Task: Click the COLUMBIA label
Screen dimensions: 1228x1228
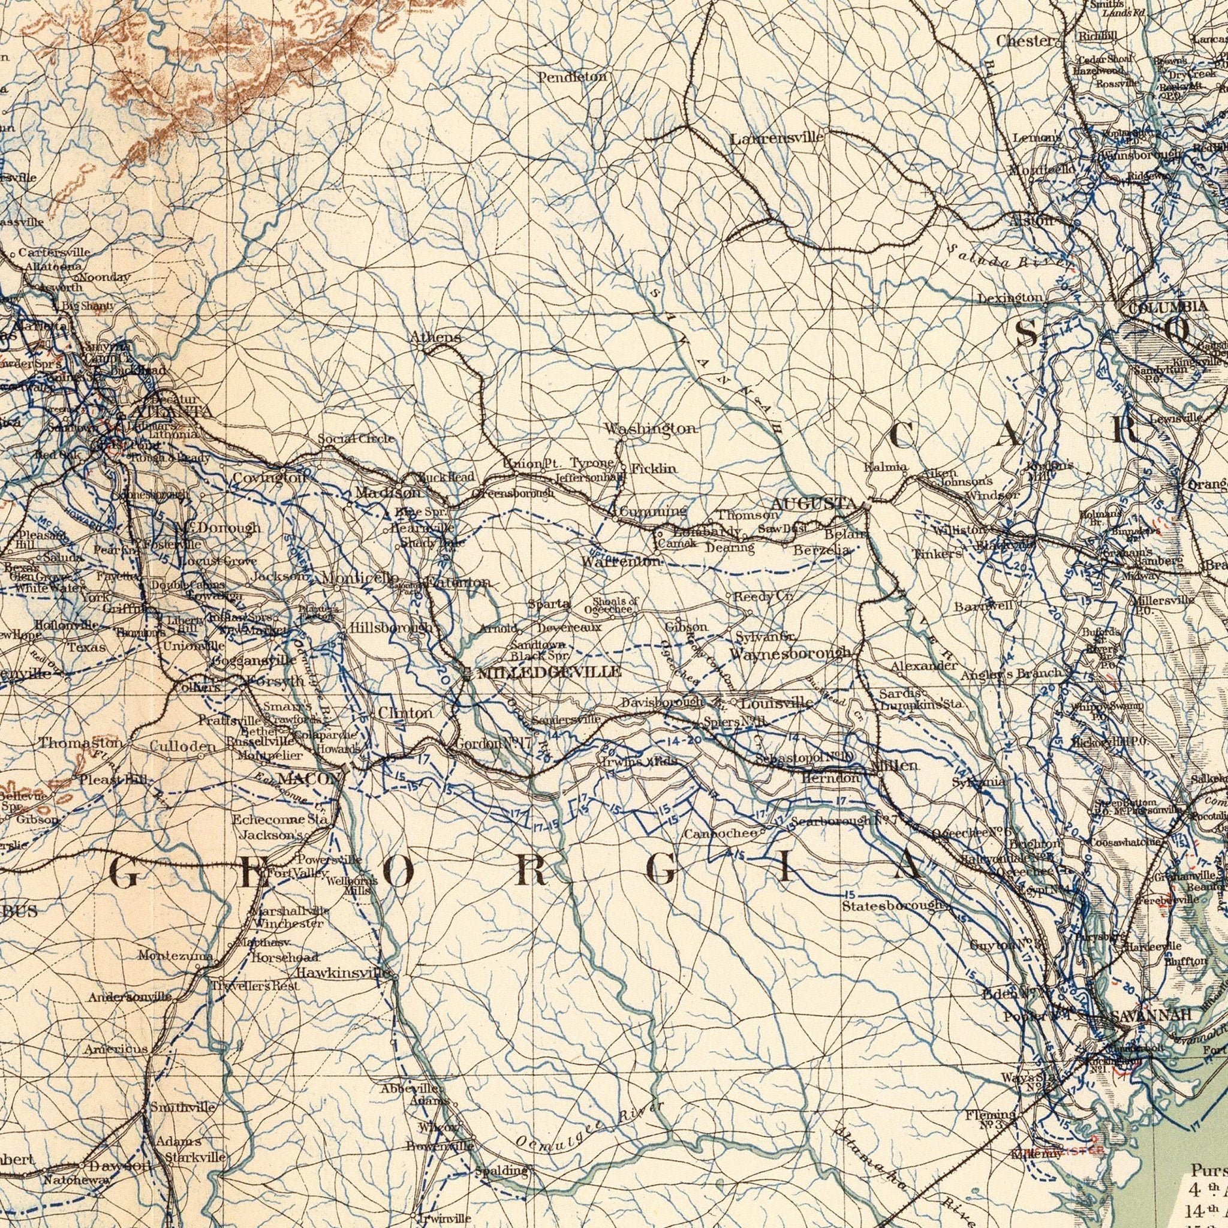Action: pos(1167,307)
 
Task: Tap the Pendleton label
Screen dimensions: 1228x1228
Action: pos(573,77)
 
